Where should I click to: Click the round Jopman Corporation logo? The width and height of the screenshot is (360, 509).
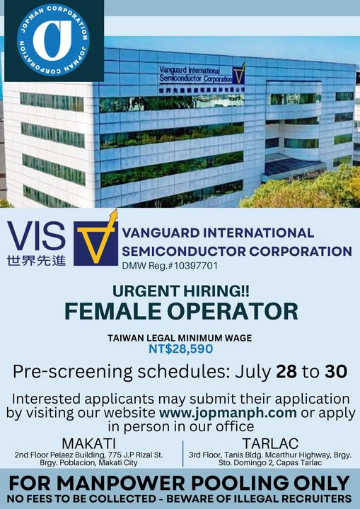pyautogui.click(x=53, y=40)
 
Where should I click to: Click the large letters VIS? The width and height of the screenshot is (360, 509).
pyautogui.click(x=36, y=236)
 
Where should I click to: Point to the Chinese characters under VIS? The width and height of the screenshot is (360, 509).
pyautogui.click(x=36, y=260)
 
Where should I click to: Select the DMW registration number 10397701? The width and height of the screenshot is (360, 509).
pyautogui.click(x=196, y=266)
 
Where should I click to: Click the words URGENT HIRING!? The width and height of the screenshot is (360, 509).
pyautogui.click(x=181, y=291)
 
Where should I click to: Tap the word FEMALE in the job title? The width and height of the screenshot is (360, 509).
pyautogui.click(x=112, y=311)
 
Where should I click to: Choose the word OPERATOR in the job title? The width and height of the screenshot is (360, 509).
pyautogui.click(x=233, y=311)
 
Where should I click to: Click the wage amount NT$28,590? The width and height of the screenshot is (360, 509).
pyautogui.click(x=180, y=349)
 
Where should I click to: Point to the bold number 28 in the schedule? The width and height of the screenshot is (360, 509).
pyautogui.click(x=286, y=371)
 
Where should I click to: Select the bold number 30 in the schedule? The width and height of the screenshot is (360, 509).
pyautogui.click(x=336, y=371)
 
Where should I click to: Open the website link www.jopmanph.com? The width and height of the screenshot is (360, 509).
pyautogui.click(x=228, y=413)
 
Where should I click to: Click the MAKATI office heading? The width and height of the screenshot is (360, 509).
pyautogui.click(x=88, y=443)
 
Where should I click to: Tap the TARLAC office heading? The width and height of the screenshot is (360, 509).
pyautogui.click(x=270, y=443)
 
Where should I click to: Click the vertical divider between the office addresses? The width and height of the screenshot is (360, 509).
pyautogui.click(x=183, y=453)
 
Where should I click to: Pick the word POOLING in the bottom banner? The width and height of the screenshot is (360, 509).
pyautogui.click(x=240, y=483)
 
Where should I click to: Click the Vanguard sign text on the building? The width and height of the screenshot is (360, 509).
pyautogui.click(x=196, y=74)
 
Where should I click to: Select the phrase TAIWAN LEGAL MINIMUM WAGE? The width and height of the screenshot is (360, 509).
pyautogui.click(x=180, y=338)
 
